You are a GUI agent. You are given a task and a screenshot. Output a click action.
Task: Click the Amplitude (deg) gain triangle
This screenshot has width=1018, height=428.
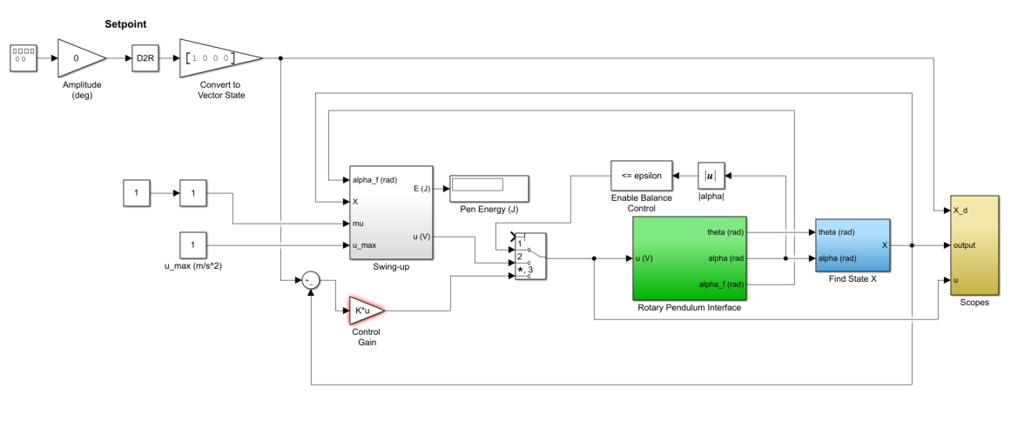(x=78, y=58)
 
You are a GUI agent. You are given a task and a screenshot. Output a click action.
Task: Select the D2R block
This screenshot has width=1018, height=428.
(x=144, y=58)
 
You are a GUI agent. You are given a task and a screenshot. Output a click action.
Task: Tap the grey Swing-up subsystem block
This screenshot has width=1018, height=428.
(x=390, y=212)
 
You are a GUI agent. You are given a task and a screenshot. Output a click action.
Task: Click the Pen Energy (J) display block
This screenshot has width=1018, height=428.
(x=489, y=187)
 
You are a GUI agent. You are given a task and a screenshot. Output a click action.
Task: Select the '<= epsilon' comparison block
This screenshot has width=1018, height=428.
(x=642, y=176)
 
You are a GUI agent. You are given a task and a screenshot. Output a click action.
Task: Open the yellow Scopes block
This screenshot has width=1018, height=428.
(x=974, y=245)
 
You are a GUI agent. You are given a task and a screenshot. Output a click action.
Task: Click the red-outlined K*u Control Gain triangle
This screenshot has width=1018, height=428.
(x=365, y=309)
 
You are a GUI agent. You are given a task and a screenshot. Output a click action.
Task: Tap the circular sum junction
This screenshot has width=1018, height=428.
(x=311, y=279)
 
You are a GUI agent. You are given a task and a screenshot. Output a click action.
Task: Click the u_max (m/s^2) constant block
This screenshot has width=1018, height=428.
(x=193, y=245)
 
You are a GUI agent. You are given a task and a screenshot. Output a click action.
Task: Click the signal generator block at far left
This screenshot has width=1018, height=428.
(x=24, y=58)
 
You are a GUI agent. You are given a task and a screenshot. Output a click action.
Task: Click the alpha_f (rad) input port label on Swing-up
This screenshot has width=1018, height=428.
(x=376, y=180)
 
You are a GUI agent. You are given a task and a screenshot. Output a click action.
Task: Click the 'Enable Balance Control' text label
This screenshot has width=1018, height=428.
(x=642, y=204)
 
